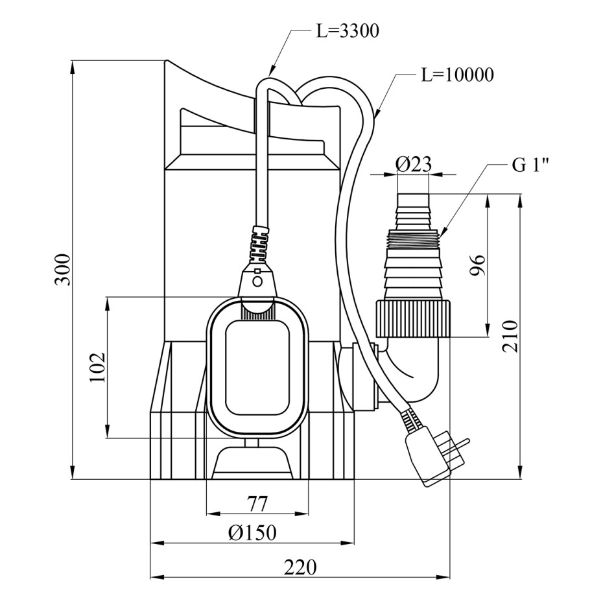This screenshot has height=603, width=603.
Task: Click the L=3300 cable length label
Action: coord(348,31)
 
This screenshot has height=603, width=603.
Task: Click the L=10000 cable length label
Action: coord(458,75)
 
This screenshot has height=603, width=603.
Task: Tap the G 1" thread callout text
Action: coord(530,166)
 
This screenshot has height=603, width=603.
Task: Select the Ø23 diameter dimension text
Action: coord(414,165)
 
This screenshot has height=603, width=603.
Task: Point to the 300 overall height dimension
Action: coord(63,269)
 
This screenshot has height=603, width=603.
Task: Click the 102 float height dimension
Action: coord(97,367)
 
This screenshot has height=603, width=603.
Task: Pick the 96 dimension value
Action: coord(478,265)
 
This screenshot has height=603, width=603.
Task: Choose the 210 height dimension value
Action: coord(511,336)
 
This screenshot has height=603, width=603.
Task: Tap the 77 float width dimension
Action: coord(257,504)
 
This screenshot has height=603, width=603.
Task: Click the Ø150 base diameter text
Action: coord(252,533)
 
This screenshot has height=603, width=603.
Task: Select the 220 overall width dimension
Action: coord(300,567)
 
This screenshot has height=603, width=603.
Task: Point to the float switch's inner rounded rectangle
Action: coord(257,368)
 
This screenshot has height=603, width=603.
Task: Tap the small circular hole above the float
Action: coord(258,282)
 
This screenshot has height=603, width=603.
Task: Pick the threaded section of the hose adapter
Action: coord(414,240)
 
